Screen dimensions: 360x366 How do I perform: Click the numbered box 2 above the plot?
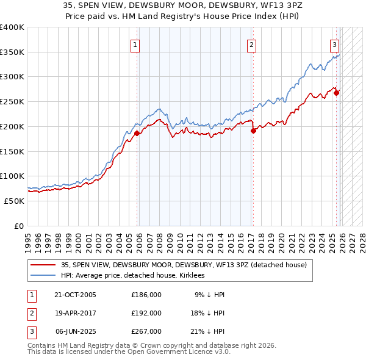(x=251, y=44)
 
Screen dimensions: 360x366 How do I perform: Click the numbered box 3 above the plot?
(x=335, y=44)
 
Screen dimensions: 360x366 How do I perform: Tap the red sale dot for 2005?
(x=137, y=133)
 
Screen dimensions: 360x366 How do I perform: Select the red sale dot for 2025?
(x=336, y=93)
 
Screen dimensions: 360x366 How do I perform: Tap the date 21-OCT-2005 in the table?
(x=75, y=295)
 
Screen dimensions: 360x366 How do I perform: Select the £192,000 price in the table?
(x=146, y=313)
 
